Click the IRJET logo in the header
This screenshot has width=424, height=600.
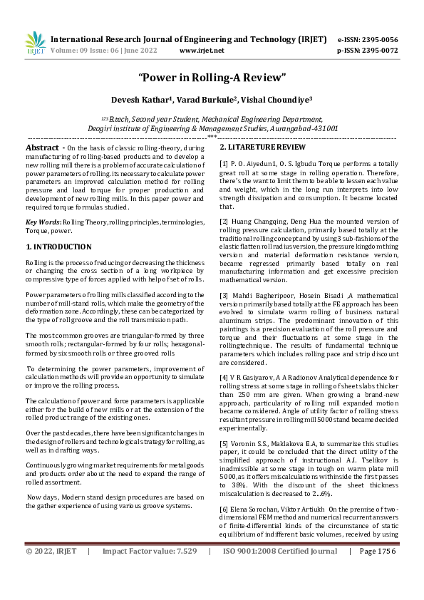pyautogui.click(x=35, y=43)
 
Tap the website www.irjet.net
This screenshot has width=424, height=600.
pyautogui.click(x=202, y=51)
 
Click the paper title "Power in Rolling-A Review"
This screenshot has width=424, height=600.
pyautogui.click(x=212, y=76)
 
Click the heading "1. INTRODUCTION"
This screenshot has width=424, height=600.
pyautogui.click(x=58, y=247)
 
